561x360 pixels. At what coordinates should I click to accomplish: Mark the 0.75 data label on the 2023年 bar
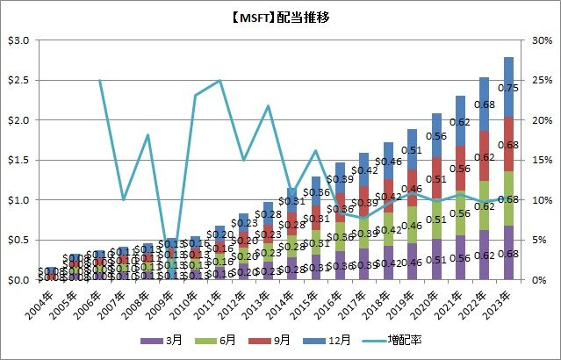point(507,88)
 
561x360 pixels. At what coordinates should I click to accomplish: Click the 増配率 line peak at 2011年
point(219,81)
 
